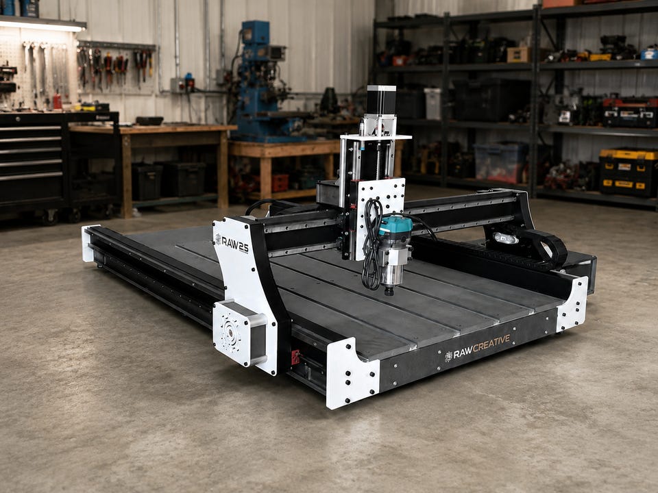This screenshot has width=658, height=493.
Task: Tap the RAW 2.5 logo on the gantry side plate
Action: [x=232, y=244]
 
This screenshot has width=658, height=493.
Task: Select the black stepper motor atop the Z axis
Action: [x=381, y=100]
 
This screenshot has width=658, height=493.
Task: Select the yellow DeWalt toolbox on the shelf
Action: [x=629, y=173]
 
